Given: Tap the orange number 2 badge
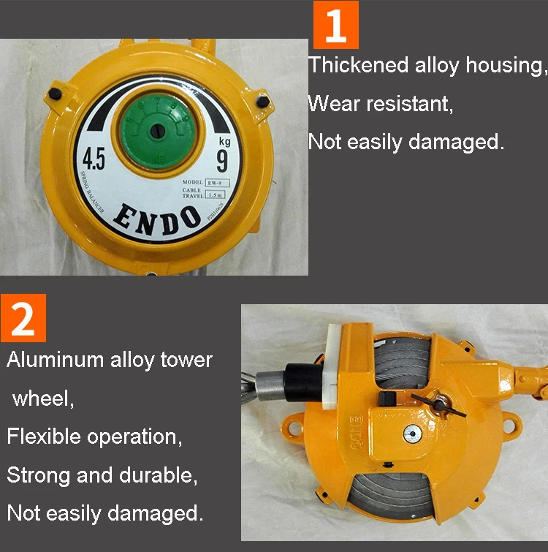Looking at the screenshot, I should tap(23, 318).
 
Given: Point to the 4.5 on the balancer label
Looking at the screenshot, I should tap(94, 159).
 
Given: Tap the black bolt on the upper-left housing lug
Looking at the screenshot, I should tap(56, 94).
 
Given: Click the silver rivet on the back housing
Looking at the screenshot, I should tap(412, 432).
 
